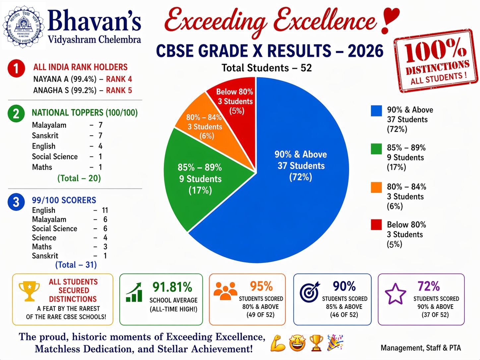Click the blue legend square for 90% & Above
click(376, 111)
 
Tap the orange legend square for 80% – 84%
click(376, 187)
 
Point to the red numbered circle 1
click(16, 69)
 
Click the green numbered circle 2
click(16, 114)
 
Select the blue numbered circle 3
click(16, 202)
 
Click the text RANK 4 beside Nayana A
click(119, 79)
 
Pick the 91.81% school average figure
click(172, 287)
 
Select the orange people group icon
click(225, 290)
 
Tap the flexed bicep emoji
click(278, 343)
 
